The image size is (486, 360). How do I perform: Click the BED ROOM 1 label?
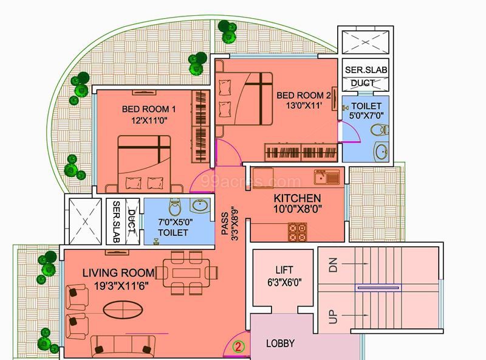tap(149, 109)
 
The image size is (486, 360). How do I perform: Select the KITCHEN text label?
tap(297, 198)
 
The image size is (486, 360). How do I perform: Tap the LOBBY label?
tap(281, 344)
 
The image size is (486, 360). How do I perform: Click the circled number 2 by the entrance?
tap(239, 347)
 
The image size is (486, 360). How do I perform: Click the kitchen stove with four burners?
tap(297, 232)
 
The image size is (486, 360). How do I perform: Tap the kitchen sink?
tap(324, 178)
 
